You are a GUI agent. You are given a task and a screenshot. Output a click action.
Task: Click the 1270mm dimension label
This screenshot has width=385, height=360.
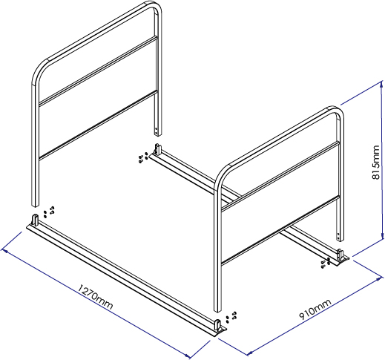click(96, 297)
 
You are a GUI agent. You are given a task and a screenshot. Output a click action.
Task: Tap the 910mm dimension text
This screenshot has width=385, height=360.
click(315, 310)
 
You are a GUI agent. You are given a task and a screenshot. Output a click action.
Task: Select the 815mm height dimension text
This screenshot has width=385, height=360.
click(375, 162)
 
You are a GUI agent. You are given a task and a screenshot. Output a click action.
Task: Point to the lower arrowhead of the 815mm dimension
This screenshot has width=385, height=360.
click(383, 236)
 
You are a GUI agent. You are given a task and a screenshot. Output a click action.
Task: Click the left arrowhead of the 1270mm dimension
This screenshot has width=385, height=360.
click(5, 251)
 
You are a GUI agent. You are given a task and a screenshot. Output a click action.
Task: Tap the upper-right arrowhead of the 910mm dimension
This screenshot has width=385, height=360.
click(380, 278)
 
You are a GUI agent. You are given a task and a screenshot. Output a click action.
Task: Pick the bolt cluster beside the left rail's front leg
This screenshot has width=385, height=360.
click(49, 212)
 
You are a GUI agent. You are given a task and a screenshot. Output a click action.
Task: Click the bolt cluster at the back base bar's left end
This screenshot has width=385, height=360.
click(143, 157)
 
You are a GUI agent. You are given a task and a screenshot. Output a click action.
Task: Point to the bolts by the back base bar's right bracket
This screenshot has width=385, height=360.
click(326, 263)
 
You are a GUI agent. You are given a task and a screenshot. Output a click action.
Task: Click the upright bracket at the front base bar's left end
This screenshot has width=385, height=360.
click(35, 220)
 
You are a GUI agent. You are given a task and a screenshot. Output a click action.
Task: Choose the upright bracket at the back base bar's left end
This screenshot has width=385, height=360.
click(158, 149)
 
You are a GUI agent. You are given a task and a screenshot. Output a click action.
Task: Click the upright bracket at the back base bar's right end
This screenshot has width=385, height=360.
click(340, 255)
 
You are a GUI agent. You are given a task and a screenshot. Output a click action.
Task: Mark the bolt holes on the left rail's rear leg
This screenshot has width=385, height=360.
click(156, 131)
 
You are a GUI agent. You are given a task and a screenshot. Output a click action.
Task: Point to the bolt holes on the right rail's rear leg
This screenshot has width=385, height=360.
click(338, 235)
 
